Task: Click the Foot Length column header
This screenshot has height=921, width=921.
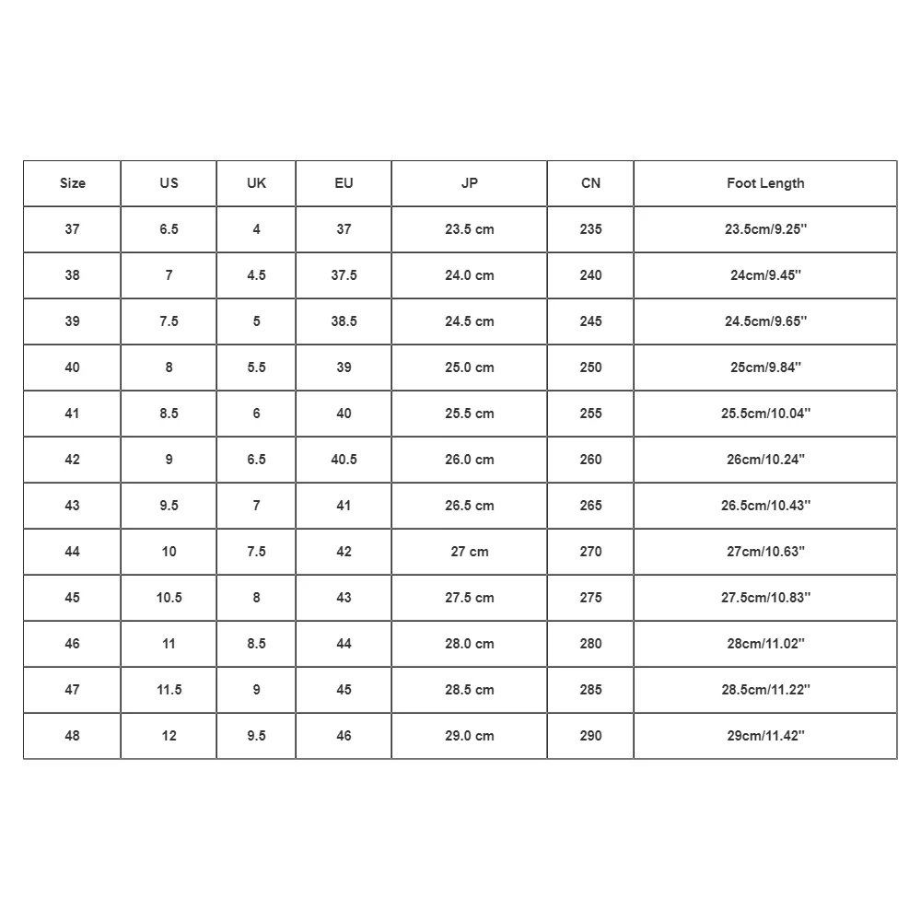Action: coord(765,183)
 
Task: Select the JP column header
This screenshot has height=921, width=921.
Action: coord(470,183)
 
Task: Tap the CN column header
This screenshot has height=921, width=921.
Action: coord(590,183)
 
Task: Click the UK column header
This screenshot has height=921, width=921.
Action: coord(256,183)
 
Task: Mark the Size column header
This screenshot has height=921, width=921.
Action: coord(72,183)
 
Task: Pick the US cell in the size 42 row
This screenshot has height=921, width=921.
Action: coord(169,460)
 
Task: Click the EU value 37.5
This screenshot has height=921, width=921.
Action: coord(344,275)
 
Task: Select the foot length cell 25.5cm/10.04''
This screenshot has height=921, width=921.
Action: coord(765,414)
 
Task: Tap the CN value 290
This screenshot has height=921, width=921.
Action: coord(590,736)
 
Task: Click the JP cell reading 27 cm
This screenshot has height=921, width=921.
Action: coord(470,552)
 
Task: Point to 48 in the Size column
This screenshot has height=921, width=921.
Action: coord(72,736)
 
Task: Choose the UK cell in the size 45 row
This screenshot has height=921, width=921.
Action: coord(256,598)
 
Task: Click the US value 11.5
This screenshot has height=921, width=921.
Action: coord(169,690)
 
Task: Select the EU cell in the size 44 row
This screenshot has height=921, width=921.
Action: coord(344,552)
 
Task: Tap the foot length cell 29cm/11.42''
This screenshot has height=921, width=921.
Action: coord(765,736)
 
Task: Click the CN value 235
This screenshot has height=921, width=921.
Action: coord(590,229)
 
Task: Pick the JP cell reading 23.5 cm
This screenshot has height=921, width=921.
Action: coord(470,229)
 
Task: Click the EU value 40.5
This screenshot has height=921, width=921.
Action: coord(344,460)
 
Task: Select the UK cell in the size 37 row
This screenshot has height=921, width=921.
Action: coord(256,229)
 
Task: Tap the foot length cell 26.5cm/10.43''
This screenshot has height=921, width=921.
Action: coord(765,506)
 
